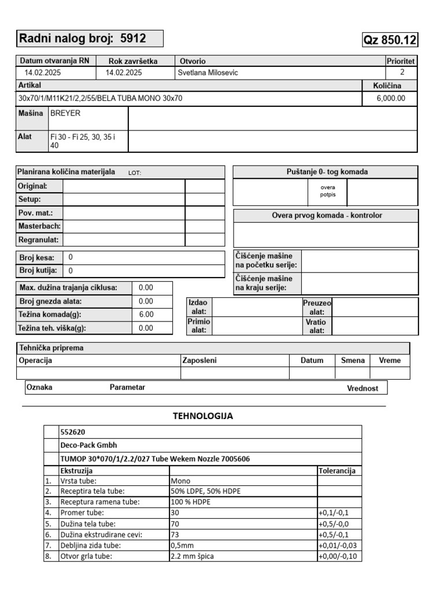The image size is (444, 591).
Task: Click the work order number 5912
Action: [133, 39]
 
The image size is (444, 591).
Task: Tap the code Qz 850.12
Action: [390, 40]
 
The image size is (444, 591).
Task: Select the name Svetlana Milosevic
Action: [208, 73]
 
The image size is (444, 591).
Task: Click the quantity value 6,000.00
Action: [391, 98]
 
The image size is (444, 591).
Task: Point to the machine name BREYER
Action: [65, 114]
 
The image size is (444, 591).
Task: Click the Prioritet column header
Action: [401, 61]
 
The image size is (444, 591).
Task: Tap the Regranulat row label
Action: [39, 239]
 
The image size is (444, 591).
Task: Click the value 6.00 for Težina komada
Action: [146, 315]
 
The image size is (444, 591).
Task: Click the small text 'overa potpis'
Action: [327, 190]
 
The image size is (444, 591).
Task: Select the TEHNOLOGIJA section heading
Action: [203, 416]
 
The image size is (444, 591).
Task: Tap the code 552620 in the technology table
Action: [73, 432]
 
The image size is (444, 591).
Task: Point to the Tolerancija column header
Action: [339, 470]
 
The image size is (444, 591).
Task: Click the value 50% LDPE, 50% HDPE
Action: [205, 491]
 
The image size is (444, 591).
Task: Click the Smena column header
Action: [353, 360]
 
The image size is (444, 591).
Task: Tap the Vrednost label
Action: [362, 388]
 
